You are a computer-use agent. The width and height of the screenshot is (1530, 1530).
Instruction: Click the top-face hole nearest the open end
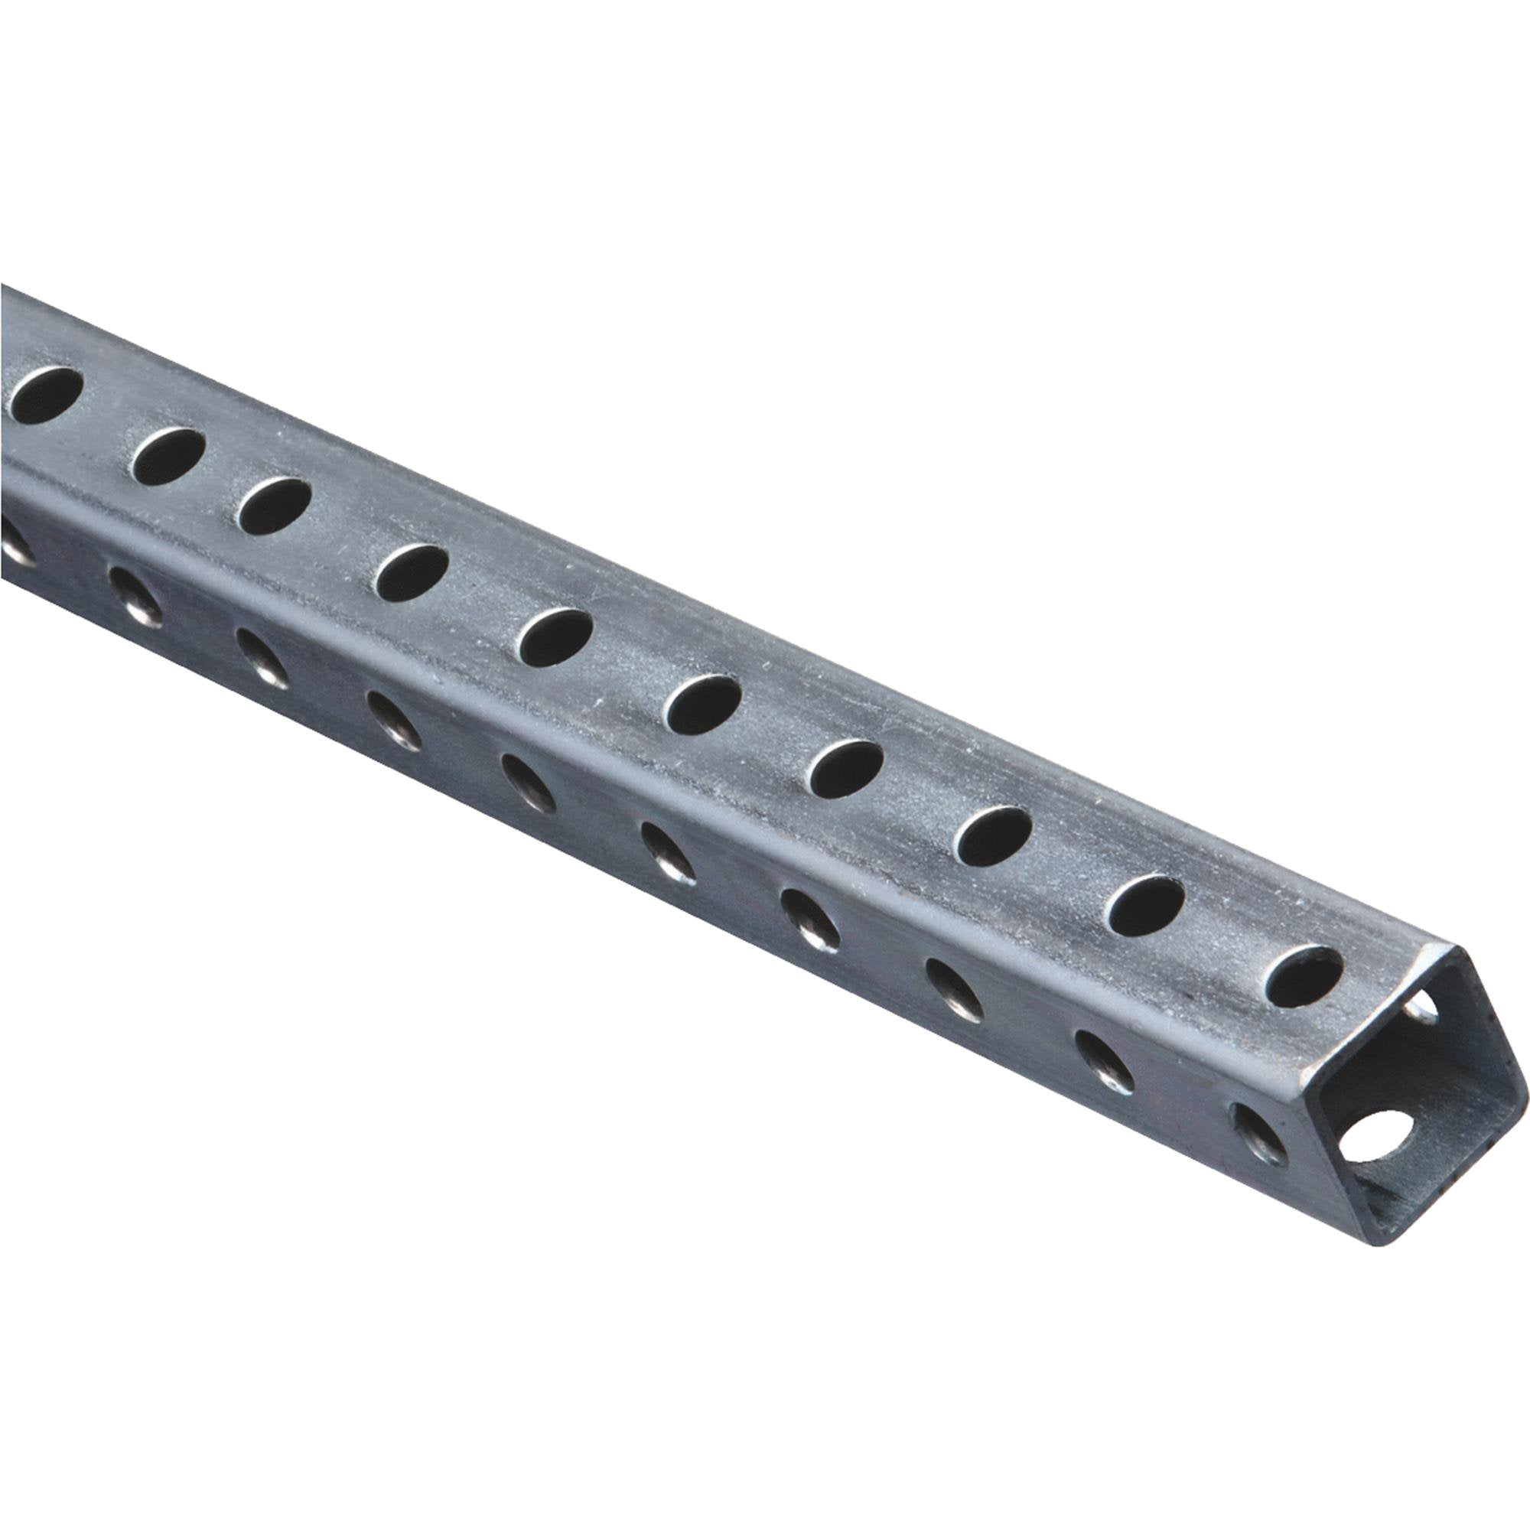coord(1304,977)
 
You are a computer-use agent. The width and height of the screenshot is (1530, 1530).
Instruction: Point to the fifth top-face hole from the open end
coord(703,704)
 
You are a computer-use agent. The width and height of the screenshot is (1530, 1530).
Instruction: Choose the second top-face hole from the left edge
coord(168,455)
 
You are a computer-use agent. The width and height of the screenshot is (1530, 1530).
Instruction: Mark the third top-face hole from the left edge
coord(275,505)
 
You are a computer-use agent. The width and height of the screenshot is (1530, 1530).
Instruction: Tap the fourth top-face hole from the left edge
coord(412,571)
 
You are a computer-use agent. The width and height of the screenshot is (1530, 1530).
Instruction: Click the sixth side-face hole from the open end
coord(529,785)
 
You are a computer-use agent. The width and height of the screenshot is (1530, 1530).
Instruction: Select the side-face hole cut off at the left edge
coord(15,545)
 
